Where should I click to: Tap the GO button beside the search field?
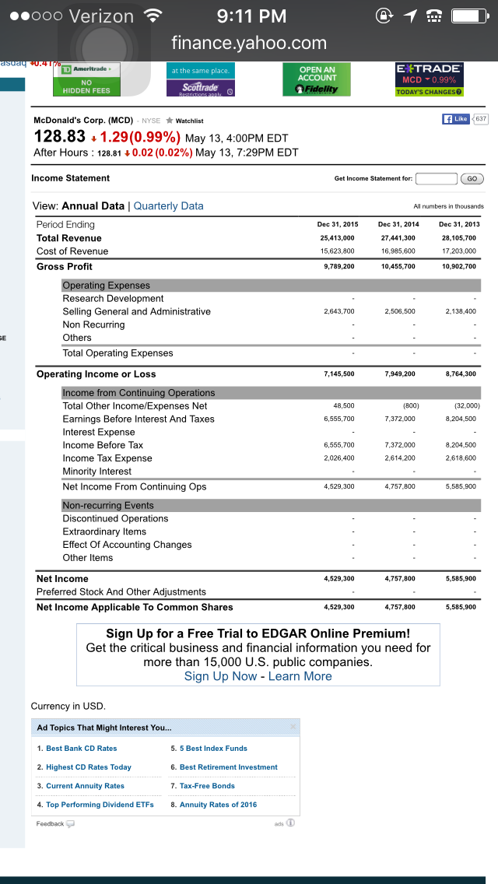click(472, 179)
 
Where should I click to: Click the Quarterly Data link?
click(168, 206)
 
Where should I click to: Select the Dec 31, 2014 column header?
click(398, 224)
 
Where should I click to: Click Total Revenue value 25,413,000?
click(337, 238)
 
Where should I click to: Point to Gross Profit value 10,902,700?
click(458, 267)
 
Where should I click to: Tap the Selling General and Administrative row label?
click(136, 311)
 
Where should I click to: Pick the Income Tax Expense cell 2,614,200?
click(398, 458)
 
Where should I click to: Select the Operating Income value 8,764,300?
click(458, 374)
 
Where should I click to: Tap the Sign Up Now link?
click(220, 676)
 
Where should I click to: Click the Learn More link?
click(300, 676)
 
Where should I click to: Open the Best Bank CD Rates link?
click(82, 749)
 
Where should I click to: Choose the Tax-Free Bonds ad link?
click(207, 786)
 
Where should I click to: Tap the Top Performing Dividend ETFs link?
click(100, 805)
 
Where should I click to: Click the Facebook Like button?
click(456, 119)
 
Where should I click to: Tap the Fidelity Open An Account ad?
click(317, 80)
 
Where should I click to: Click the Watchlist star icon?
click(170, 121)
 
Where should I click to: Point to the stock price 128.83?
click(59, 137)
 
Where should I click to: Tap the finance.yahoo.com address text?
click(249, 43)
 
